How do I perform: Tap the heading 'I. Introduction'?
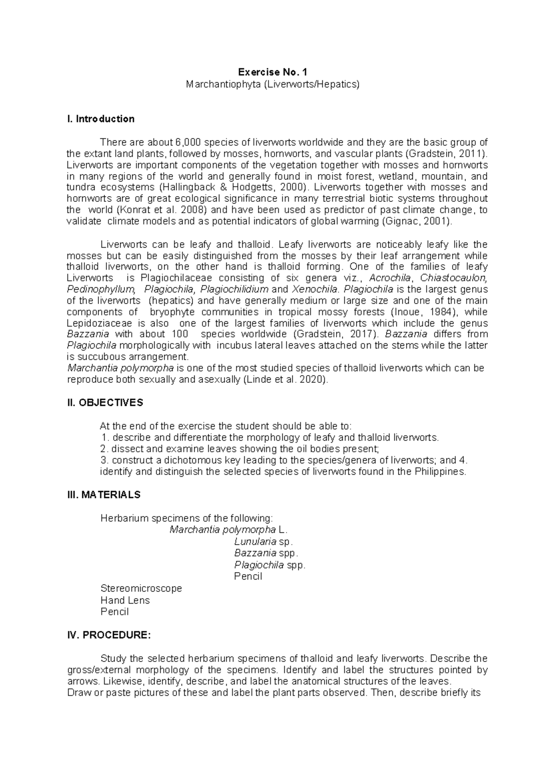(x=101, y=119)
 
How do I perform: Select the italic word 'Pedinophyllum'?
(x=101, y=290)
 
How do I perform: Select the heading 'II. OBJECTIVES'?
(x=105, y=403)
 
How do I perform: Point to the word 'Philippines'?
(x=439, y=472)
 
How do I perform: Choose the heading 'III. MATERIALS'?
(x=104, y=495)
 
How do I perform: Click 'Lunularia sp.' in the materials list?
(x=263, y=541)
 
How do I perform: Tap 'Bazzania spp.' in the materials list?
(x=266, y=553)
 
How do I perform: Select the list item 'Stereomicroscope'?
(x=141, y=588)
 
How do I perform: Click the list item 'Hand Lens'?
(x=125, y=600)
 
